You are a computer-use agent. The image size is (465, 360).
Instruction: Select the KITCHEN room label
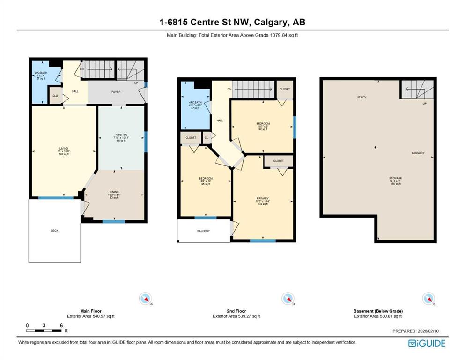(x=121, y=135)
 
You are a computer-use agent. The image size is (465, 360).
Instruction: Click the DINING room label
(x=114, y=195)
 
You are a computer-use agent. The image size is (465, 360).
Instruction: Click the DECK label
(x=55, y=231)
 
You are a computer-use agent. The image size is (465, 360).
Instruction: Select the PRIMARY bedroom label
(x=262, y=198)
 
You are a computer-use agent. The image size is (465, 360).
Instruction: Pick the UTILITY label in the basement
(x=362, y=97)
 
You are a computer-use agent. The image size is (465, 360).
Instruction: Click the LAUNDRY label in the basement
(x=418, y=153)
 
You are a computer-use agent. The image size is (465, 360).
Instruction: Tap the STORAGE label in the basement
(x=395, y=178)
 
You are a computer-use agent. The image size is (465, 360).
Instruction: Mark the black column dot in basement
(x=376, y=148)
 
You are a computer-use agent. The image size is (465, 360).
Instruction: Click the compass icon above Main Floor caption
(x=146, y=299)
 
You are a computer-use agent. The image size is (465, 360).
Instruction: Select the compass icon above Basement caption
(x=428, y=299)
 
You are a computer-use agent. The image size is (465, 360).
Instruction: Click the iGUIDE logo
(x=427, y=343)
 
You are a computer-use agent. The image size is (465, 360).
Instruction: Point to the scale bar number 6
(x=61, y=325)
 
